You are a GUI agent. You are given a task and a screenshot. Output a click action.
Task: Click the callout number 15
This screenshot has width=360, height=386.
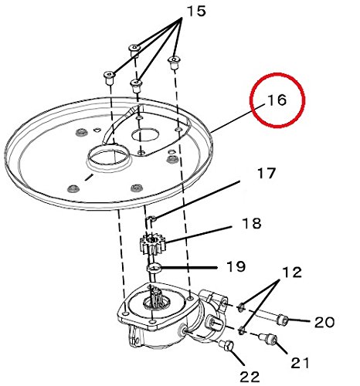point(196,12)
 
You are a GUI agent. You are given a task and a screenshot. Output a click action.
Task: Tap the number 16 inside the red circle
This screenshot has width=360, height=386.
point(277,100)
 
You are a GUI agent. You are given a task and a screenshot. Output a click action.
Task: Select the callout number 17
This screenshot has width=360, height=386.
point(267,173)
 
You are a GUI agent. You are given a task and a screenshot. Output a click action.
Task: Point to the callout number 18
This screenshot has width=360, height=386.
point(252,223)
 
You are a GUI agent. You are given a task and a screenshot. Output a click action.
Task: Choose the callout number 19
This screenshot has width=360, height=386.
point(236,266)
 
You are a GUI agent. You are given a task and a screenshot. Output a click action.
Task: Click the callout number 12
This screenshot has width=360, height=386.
point(292,272)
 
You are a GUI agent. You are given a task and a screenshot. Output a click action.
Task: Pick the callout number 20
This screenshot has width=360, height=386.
point(324,322)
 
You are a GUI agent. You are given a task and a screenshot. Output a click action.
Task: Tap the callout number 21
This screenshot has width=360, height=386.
point(300,363)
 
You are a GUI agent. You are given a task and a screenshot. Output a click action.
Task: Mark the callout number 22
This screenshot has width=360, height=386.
point(250,377)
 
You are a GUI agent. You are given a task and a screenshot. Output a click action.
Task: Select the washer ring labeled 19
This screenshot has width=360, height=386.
point(154,268)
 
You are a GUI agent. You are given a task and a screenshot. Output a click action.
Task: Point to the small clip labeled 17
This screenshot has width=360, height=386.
point(151,219)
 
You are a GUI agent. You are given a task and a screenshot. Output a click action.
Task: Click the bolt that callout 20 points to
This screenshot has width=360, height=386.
point(282,320)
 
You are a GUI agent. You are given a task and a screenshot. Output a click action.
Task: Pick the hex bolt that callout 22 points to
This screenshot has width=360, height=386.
point(226,345)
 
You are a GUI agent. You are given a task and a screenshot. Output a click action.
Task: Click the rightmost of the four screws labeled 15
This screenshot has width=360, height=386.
point(174,63)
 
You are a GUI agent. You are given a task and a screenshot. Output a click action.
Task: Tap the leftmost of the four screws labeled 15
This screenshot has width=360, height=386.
point(109,78)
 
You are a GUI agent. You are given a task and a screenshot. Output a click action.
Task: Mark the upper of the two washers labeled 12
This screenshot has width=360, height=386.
point(241,306)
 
